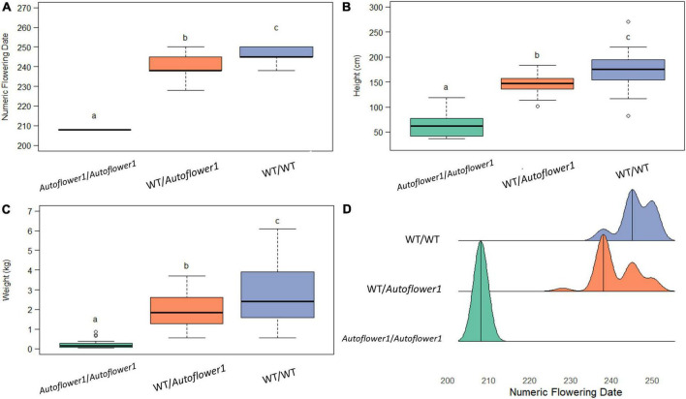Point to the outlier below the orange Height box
[x=538, y=105]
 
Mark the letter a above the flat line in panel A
[x=94, y=116]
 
